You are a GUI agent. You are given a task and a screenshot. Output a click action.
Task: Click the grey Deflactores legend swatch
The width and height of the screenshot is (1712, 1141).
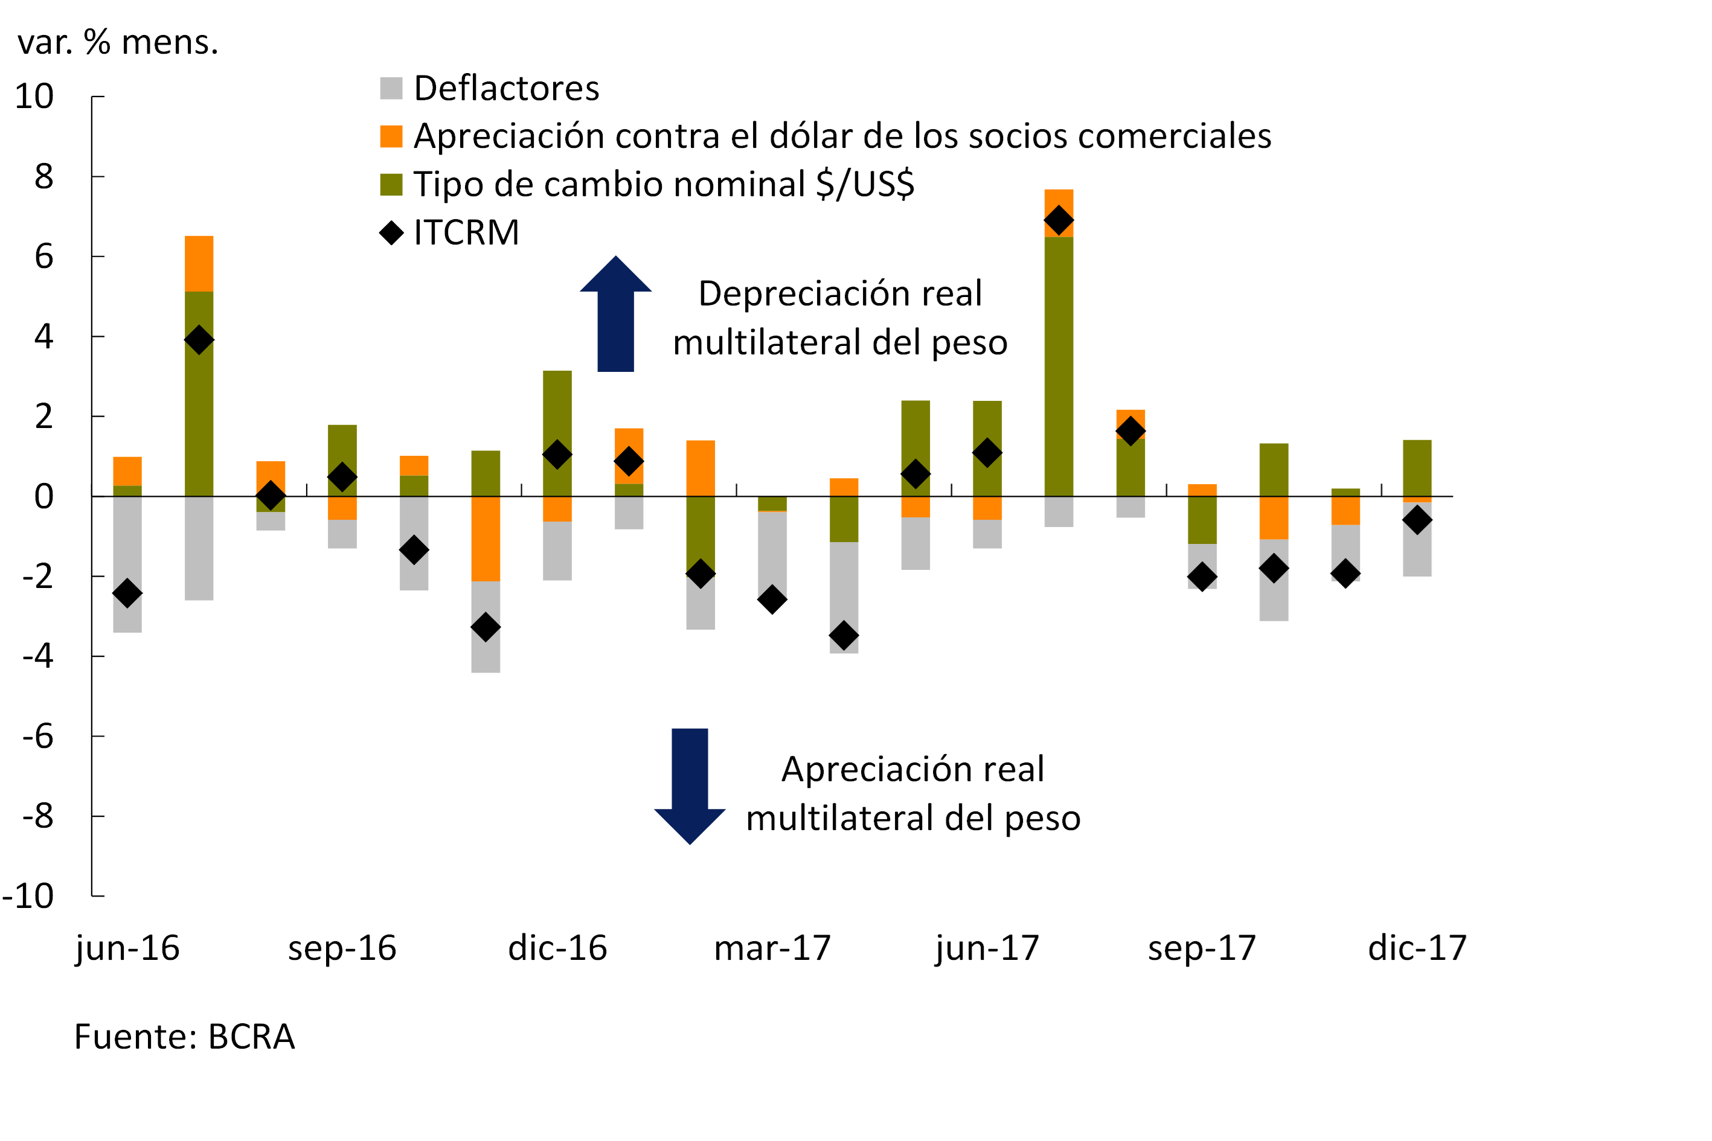click(x=391, y=88)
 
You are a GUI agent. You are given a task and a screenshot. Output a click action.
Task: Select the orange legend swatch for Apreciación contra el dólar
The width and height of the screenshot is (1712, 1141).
click(x=391, y=136)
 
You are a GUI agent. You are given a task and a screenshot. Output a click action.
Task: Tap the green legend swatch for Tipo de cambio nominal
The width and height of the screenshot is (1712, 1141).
click(x=391, y=184)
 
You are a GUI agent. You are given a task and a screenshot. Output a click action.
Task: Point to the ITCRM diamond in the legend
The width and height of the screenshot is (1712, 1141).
click(x=391, y=233)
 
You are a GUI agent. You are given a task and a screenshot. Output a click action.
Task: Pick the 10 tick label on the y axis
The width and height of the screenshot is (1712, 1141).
click(x=34, y=96)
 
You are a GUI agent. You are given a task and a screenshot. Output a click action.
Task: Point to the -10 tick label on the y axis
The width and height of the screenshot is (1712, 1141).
click(x=28, y=896)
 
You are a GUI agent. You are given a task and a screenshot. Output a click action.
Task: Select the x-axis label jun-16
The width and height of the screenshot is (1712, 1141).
click(x=127, y=947)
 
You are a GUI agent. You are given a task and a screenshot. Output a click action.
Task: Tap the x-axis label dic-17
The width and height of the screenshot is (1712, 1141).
click(x=1417, y=947)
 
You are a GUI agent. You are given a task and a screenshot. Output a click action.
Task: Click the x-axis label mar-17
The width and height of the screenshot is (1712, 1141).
click(x=772, y=947)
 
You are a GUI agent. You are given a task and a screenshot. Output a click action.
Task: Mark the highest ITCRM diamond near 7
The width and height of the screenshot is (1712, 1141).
click(x=1059, y=220)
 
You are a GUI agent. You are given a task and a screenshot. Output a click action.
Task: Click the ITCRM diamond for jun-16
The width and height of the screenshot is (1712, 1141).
click(x=127, y=593)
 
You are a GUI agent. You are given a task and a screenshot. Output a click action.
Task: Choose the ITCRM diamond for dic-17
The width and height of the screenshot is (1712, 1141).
click(x=1417, y=520)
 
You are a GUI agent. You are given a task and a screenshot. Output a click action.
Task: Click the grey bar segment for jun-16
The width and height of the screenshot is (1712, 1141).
click(x=127, y=564)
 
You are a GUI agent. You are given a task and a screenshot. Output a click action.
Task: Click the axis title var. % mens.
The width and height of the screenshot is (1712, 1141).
click(x=118, y=42)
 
